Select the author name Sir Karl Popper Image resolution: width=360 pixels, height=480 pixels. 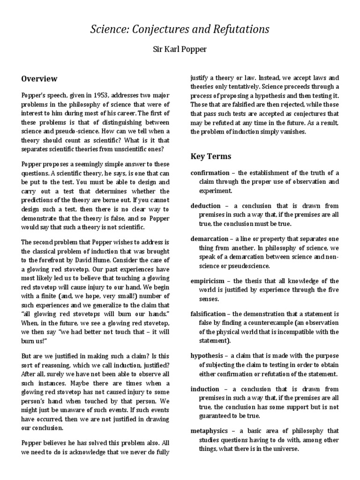180,49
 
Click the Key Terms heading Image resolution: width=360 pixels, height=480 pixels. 210,156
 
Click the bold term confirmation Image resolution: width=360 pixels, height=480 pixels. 210,173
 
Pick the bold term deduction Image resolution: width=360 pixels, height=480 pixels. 206,206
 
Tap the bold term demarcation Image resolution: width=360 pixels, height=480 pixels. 209,239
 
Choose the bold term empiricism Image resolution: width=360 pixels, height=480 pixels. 208,281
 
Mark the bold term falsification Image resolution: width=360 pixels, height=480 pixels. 209,314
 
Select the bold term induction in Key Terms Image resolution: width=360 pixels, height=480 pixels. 205,389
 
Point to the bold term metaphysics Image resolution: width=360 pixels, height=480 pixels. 209,431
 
